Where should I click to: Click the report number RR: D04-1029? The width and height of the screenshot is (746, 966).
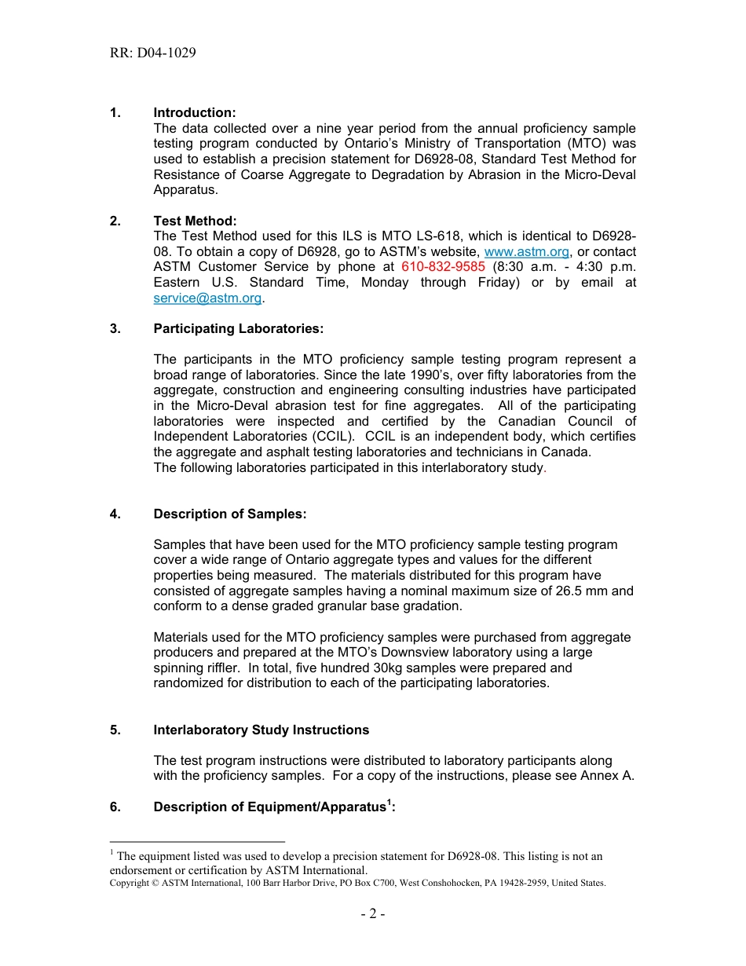pos(153,53)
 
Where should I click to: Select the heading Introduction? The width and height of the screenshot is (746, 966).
pos(194,113)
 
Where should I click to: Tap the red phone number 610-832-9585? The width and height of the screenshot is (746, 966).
pos(443,267)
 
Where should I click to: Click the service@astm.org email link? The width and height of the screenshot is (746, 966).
pos(207,298)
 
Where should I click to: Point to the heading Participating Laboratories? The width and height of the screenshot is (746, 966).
pos(238,328)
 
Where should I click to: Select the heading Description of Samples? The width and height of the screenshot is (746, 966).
pos(229,514)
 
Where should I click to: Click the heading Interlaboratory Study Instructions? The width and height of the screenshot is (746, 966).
pos(261,730)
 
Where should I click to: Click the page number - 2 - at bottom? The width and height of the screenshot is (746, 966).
pos(372,913)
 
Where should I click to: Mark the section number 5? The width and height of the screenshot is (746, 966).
pos(115,730)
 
